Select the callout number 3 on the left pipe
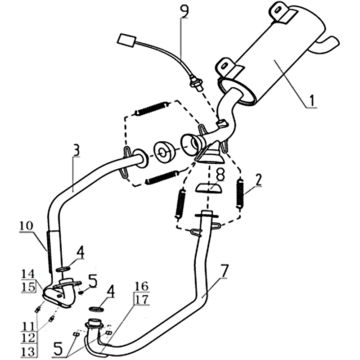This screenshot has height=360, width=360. point(76,150)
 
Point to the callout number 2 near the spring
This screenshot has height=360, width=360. point(258,180)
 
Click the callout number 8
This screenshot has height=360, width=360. point(220,175)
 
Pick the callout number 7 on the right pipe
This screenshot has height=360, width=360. point(224,271)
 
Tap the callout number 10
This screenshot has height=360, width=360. point(27,226)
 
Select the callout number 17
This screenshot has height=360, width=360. point(142,300)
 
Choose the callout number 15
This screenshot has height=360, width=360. point(28,287)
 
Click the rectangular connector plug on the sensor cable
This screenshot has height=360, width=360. point(126,41)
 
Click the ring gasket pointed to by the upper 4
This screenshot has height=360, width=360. point(63,269)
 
